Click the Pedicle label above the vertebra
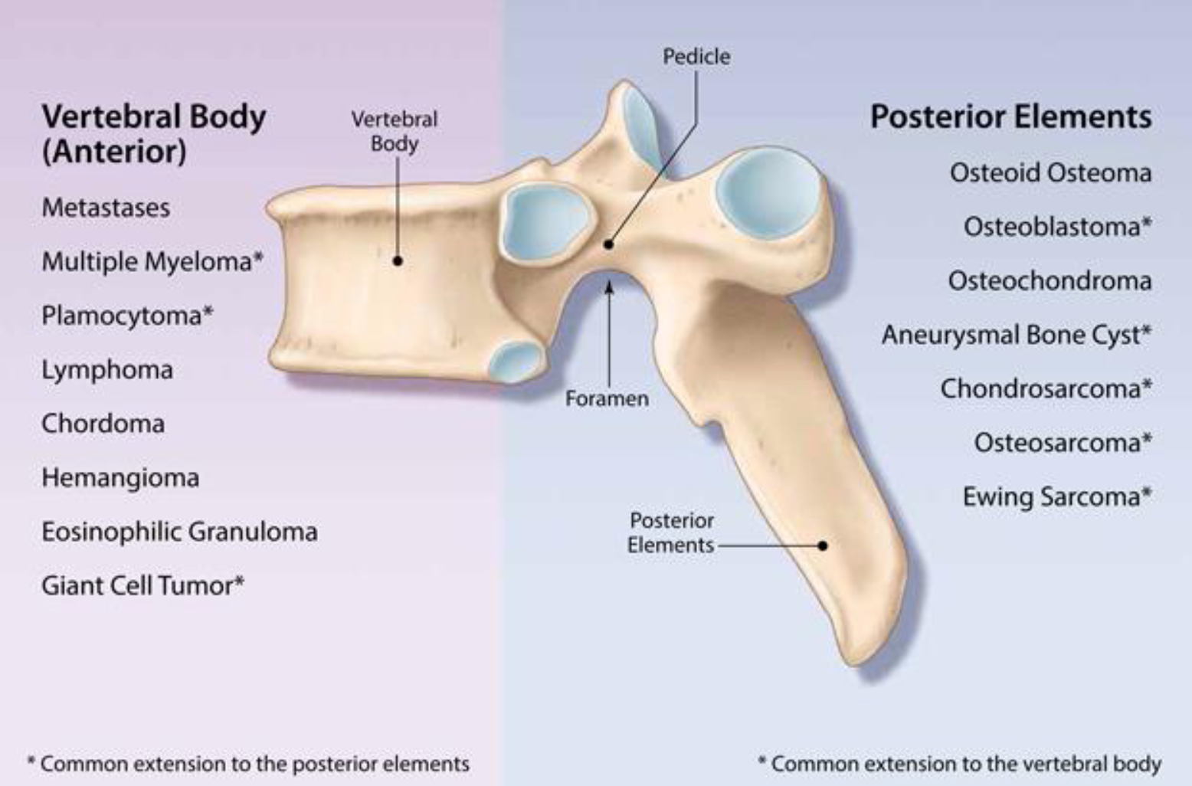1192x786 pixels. tap(696, 56)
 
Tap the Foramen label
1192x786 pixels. tap(607, 398)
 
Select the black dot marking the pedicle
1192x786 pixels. tap(608, 244)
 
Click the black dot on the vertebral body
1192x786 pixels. tap(398, 260)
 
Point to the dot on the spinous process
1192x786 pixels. tap(823, 545)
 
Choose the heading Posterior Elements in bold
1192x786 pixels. tap(1010, 116)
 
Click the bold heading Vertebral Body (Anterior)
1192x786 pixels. tap(153, 133)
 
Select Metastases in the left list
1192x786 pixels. tap(106, 208)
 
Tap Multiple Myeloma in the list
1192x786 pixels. tap(152, 261)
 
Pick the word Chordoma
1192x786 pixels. tap(103, 424)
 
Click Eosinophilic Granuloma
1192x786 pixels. tap(179, 532)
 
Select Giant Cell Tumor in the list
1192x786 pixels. tap(142, 586)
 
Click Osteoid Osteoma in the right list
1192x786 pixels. tap(1050, 172)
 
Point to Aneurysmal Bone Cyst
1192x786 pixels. tap(1016, 335)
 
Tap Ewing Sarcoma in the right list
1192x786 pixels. tap(1056, 496)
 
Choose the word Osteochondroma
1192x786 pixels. tap(1050, 280)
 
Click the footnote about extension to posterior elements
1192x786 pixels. tap(248, 764)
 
